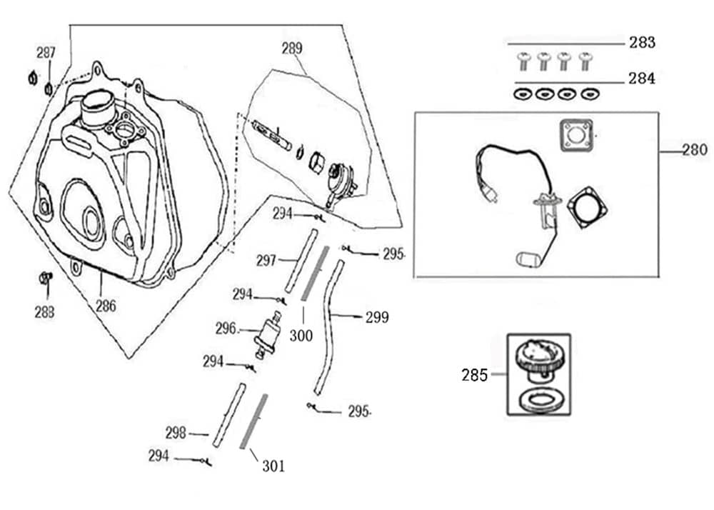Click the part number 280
click(695, 150)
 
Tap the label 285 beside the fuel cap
click(474, 374)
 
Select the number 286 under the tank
click(106, 306)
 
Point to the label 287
click(46, 53)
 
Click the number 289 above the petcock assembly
click(291, 49)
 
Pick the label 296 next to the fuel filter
click(226, 329)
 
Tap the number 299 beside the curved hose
click(377, 317)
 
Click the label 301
click(273, 466)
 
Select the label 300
click(301, 335)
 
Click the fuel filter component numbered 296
click(268, 334)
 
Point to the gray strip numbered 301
click(254, 421)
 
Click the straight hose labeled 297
click(301, 260)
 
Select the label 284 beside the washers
click(642, 79)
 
